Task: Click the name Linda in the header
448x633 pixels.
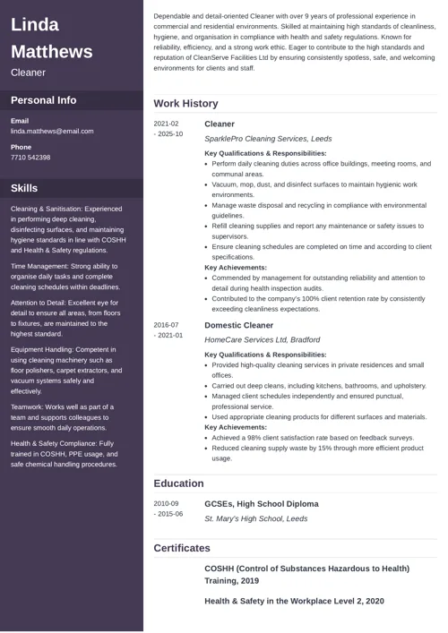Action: pos(35,24)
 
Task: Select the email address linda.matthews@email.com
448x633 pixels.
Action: pos(52,132)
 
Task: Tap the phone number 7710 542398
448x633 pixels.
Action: pos(30,158)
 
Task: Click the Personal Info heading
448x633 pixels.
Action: pos(44,100)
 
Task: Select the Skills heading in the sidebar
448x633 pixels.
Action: pos(24,188)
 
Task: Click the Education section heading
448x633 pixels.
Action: pos(178,483)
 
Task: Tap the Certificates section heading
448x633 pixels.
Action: pos(182,548)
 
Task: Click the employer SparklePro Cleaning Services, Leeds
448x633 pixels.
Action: pos(268,139)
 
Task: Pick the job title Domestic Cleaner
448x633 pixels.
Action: pos(239,325)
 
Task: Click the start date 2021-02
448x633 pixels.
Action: pos(166,124)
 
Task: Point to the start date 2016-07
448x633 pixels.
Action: pos(166,325)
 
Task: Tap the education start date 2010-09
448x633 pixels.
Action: pos(166,503)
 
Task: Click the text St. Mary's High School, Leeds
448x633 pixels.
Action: pos(255,518)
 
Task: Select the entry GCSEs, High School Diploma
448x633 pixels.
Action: pos(261,503)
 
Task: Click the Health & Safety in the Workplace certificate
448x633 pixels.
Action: pos(294,601)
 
